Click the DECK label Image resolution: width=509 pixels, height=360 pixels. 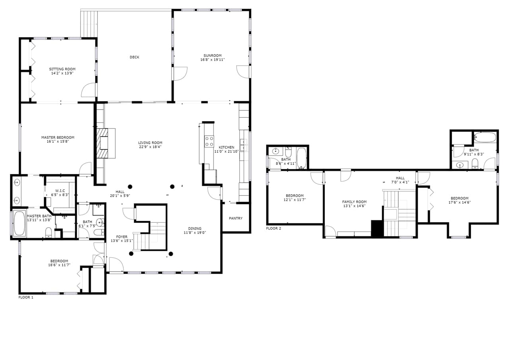(134, 57)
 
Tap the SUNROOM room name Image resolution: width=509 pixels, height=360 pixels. (212, 56)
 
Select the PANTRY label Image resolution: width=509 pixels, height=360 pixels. (235, 218)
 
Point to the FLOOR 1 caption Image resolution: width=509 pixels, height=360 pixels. (26, 297)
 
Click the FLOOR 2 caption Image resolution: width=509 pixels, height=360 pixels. (274, 228)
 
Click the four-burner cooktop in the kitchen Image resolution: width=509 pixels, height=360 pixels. (209, 142)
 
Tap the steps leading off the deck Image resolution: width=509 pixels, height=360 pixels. (89, 23)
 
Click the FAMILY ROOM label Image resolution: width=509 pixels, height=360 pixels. (354, 202)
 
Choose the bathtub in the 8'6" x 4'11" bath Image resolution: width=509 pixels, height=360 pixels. (301, 158)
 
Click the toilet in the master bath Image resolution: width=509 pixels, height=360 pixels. (48, 232)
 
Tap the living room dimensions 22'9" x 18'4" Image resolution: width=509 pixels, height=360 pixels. (150, 147)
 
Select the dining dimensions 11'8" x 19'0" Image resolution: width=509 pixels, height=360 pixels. (195, 233)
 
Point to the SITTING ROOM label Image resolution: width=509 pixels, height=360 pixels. (62, 69)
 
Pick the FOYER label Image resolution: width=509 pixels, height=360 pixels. (122, 237)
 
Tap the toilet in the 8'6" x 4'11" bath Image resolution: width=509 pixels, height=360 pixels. (289, 152)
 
